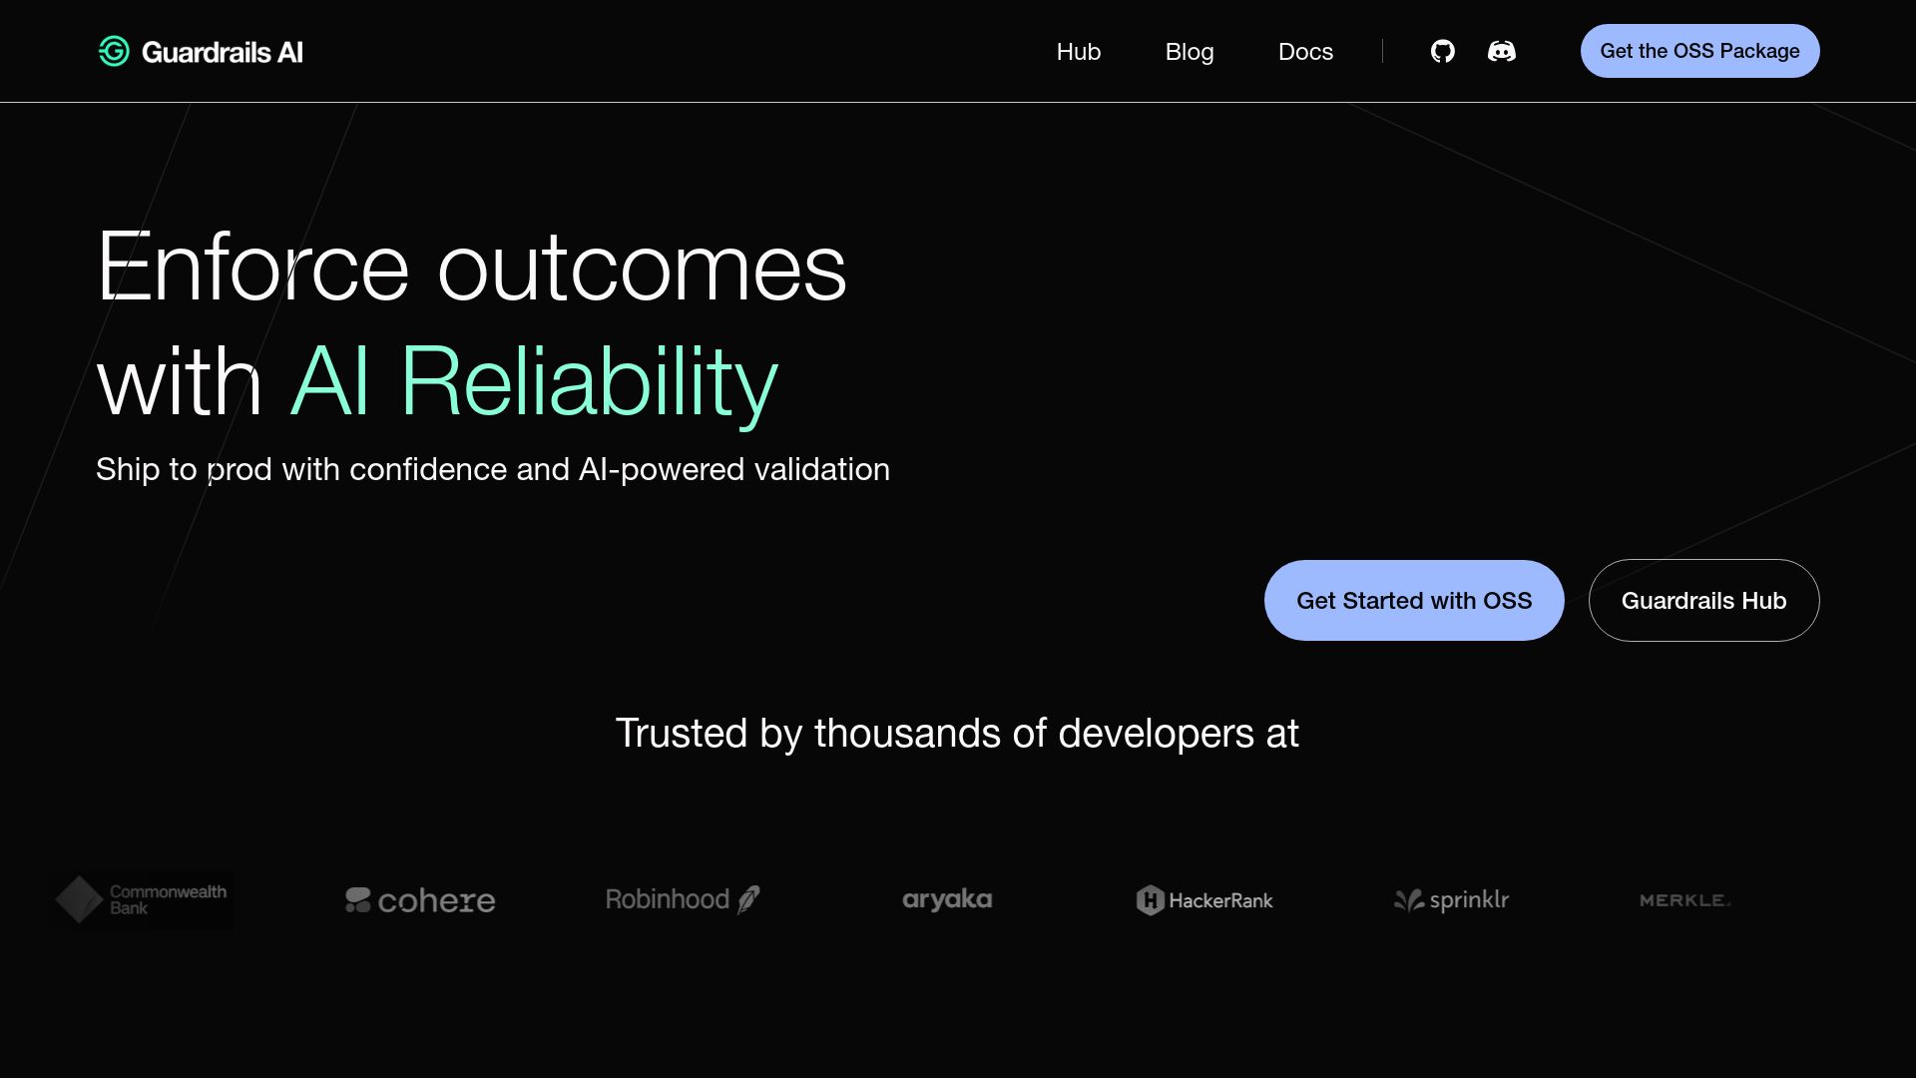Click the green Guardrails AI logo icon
[114, 52]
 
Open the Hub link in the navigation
[1078, 52]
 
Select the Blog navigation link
[1189, 52]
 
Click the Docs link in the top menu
[1305, 52]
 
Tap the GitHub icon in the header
[1442, 51]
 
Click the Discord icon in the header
[1501, 51]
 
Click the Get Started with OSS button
[1413, 600]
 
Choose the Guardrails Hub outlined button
[1703, 600]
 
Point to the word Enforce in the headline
[252, 268]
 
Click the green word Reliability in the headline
[589, 382]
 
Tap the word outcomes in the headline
[642, 268]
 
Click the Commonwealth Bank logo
[142, 899]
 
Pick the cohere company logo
[420, 900]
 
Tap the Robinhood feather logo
[683, 899]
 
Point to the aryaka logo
[947, 899]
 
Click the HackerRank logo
[1204, 900]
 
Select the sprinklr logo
[1451, 900]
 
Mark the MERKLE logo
[1684, 900]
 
